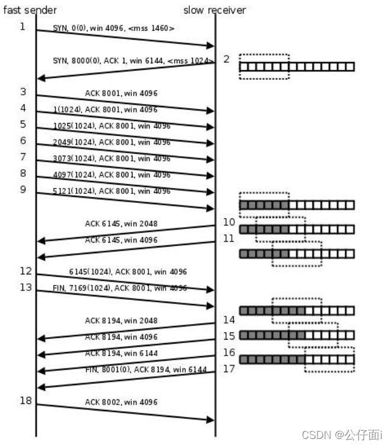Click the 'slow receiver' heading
214,9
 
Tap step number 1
22,27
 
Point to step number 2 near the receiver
226,59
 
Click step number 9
22,189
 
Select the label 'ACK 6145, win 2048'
121,224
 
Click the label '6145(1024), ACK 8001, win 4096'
128,272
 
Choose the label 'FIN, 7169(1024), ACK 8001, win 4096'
119,288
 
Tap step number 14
229,320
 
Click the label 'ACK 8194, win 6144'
121,353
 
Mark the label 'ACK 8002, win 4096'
121,402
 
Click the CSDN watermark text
342,435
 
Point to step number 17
229,368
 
